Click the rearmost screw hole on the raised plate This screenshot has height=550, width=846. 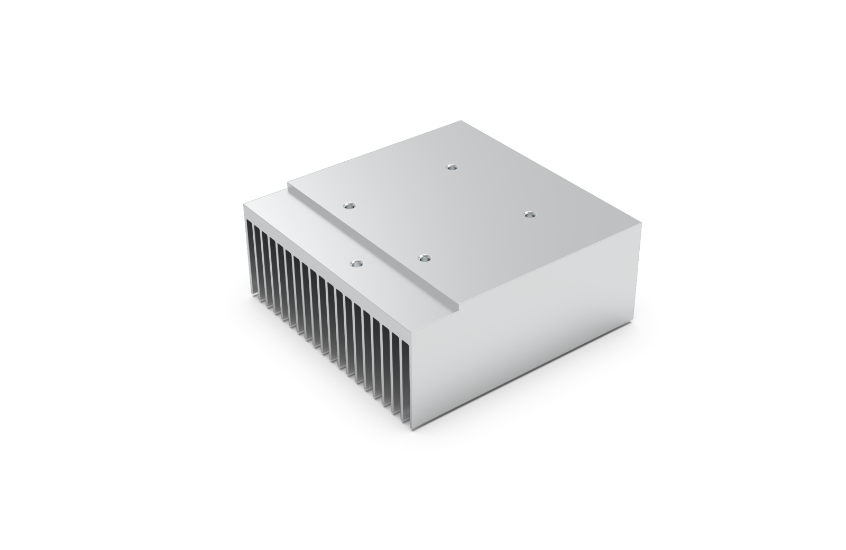coord(451,167)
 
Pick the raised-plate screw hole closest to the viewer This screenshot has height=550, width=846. coord(422,259)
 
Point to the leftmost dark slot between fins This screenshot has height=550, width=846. coord(251,254)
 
